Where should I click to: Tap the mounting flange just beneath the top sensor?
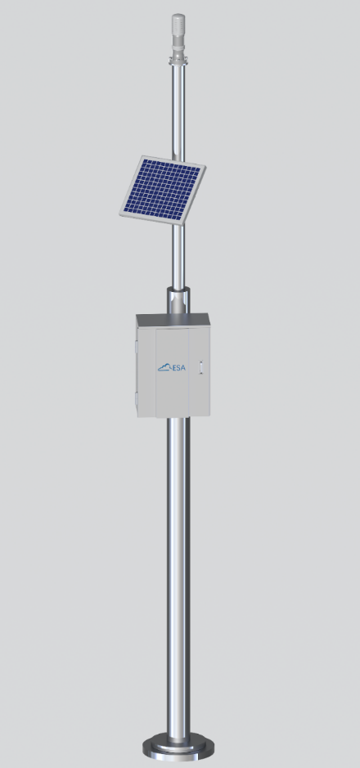tap(178, 61)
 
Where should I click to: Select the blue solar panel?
tap(163, 190)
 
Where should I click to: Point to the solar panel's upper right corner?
tap(205, 167)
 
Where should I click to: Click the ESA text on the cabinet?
tap(178, 367)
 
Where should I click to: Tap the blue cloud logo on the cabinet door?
tap(164, 367)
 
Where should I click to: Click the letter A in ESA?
tap(183, 367)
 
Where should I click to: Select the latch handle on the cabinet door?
tap(200, 367)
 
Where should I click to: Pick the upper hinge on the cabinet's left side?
tap(136, 345)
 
